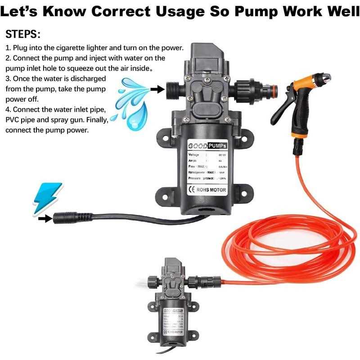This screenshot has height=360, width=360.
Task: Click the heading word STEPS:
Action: tap(22, 34)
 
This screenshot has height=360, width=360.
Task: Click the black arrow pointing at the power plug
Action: tap(44, 219)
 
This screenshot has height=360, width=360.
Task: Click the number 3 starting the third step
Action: tap(8, 78)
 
